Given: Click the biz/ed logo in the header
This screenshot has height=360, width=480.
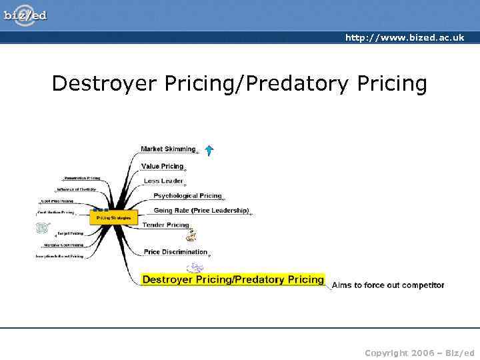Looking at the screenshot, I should coord(25,14).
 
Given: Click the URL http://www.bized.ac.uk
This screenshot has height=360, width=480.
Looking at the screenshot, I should coord(404,38).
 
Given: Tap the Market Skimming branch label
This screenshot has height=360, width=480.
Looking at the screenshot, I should coord(168,149).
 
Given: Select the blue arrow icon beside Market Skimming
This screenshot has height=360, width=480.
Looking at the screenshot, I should coord(209,151).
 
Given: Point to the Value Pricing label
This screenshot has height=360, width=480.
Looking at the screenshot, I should coord(162,166).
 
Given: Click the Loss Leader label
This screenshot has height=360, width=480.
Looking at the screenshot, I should coord(163,181).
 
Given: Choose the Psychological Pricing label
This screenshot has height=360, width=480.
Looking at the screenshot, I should coord(187,196).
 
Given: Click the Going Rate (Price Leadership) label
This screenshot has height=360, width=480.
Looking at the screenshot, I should coord(201,211).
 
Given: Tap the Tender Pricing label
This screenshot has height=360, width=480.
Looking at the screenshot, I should coord(166,225).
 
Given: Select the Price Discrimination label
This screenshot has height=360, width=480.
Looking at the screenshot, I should coord(175,252).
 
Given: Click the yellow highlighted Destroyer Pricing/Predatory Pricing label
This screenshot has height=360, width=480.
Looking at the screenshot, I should coord(233,279).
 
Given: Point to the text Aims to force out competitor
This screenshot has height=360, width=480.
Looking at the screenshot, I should coord(388,285).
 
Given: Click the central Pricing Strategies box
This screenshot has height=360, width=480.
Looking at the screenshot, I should coord(113,218).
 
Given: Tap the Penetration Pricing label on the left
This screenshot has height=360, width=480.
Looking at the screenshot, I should coord(82,178).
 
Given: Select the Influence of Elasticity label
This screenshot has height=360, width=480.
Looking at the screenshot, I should coord(76,189).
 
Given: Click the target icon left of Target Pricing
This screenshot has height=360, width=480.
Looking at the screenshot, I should coord(43,228).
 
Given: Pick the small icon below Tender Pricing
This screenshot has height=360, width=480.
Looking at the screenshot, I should coord(191,235).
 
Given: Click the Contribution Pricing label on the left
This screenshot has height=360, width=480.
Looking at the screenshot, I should coord(55,213).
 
